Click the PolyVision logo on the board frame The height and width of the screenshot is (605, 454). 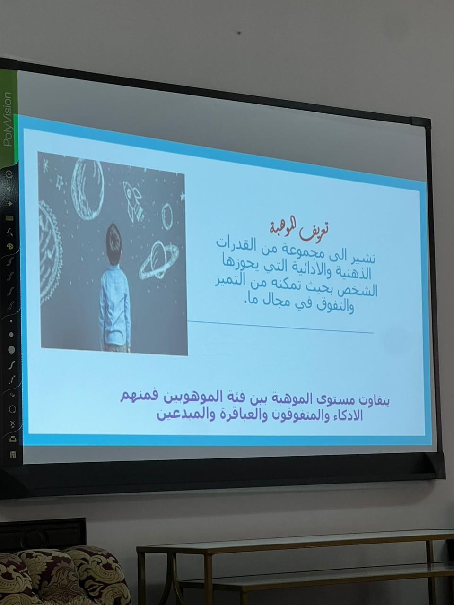click(8, 119)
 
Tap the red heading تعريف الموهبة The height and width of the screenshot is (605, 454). click(298, 231)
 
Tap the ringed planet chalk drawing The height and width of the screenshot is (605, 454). click(159, 259)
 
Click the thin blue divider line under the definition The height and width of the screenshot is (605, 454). click(280, 327)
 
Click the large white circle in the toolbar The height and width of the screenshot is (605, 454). click(11, 349)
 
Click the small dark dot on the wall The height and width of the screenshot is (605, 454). click(239, 33)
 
